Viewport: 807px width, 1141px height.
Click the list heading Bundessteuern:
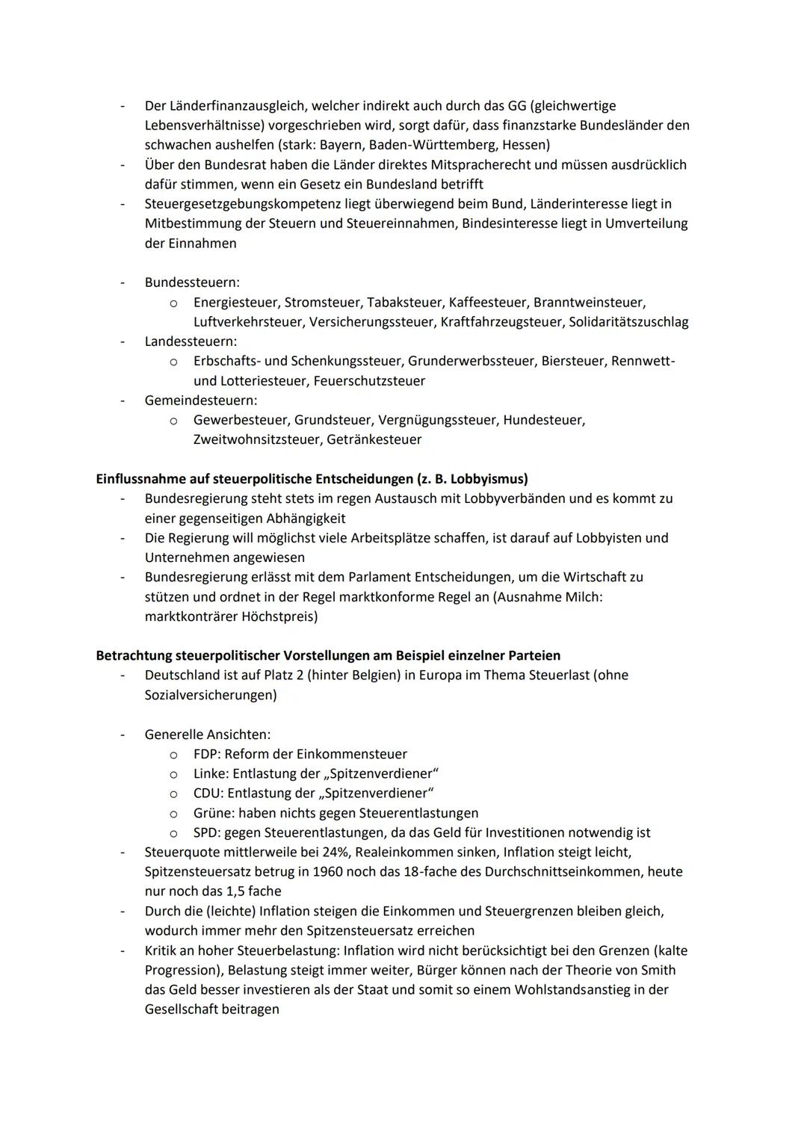(x=192, y=282)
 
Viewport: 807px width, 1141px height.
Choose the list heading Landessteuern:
(x=191, y=341)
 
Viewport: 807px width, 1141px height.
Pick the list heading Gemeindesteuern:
(x=200, y=401)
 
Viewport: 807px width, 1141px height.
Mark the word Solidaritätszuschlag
(x=628, y=322)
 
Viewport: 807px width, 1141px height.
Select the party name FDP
(x=205, y=754)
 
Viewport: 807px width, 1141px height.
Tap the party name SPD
(x=205, y=832)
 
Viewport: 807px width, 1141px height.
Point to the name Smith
(x=657, y=971)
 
